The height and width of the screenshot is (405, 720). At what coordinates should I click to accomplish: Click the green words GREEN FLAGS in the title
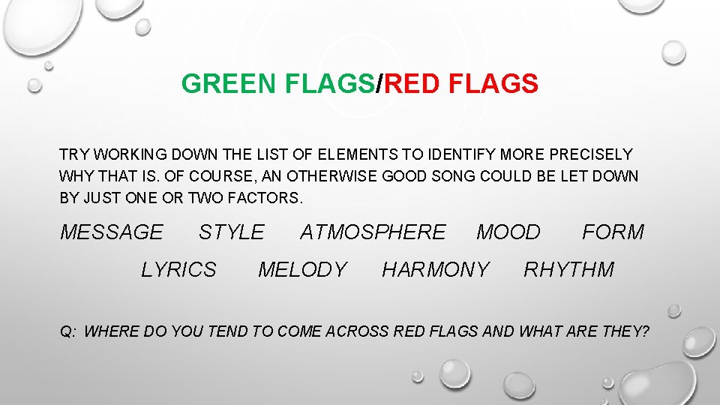[x=278, y=84]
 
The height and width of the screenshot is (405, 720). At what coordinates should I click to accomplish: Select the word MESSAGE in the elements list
[x=111, y=232]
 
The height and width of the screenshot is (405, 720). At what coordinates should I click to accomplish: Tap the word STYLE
[x=231, y=232]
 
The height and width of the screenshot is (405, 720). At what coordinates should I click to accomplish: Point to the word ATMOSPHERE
[x=373, y=232]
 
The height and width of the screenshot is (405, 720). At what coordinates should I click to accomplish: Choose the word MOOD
[x=508, y=232]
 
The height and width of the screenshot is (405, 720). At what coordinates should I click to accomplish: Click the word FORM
[x=613, y=232]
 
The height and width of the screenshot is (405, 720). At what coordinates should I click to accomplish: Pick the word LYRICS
[x=178, y=269]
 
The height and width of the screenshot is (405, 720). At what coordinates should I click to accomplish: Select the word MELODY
[x=302, y=269]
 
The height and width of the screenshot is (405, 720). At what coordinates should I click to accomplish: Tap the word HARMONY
[x=435, y=269]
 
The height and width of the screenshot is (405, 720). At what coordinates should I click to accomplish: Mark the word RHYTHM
[x=568, y=269]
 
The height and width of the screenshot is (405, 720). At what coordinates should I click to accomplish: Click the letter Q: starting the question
[x=67, y=331]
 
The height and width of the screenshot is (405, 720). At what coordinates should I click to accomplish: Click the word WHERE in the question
[x=109, y=331]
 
